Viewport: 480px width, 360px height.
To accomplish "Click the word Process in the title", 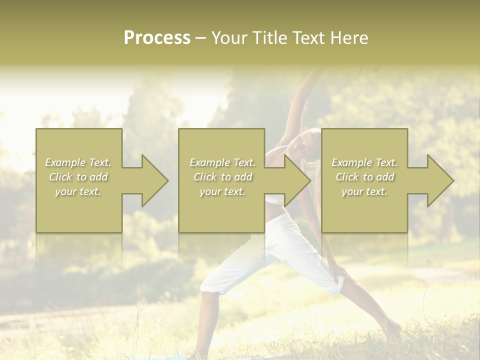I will (157, 38).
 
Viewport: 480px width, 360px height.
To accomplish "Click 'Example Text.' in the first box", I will (78, 162).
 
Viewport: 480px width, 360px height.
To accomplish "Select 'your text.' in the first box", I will (78, 191).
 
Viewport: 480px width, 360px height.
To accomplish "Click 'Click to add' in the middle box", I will (222, 177).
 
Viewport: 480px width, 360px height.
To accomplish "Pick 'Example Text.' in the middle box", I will (222, 162).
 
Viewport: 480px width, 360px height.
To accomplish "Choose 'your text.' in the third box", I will (364, 191).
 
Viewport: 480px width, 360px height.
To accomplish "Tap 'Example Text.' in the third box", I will (364, 162).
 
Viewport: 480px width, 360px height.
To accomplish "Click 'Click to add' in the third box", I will (364, 177).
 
